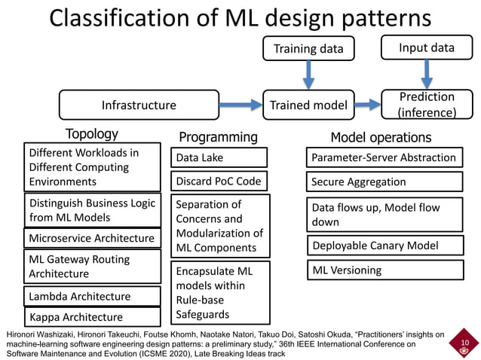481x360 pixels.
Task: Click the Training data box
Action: click(308, 49)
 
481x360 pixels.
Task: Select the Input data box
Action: click(427, 47)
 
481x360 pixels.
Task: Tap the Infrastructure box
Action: click(139, 105)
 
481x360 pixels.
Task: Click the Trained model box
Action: click(308, 105)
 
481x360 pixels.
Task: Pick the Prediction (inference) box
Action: click(427, 105)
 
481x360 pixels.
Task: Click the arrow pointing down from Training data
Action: click(308, 75)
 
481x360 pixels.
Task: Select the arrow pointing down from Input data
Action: click(427, 73)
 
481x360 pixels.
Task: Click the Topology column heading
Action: click(92, 134)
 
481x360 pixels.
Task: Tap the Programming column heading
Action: click(218, 136)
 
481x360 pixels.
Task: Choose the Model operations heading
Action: click(381, 137)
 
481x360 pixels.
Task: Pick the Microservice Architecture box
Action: click(93, 239)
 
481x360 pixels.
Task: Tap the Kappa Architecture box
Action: click(93, 317)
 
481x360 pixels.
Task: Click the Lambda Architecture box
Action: click(93, 296)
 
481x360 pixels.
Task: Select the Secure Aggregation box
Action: click(384, 182)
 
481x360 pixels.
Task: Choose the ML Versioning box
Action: click(384, 270)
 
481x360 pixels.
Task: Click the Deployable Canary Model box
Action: click(384, 246)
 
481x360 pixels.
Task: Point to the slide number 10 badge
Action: click(464, 345)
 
